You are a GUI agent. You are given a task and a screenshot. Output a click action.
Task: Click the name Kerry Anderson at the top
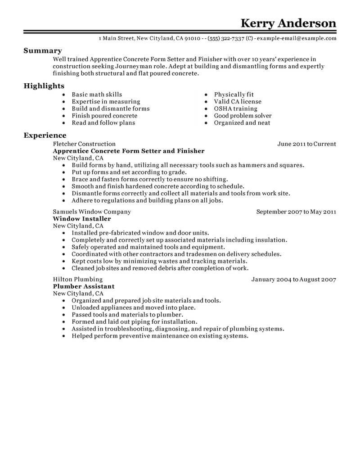click(x=288, y=23)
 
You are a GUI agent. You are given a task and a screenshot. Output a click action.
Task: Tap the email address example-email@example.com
click(x=297, y=39)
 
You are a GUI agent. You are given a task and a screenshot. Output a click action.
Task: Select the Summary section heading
click(x=43, y=51)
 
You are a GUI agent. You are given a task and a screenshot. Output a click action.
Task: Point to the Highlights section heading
click(x=44, y=86)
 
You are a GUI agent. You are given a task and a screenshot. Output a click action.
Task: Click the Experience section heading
click(x=45, y=136)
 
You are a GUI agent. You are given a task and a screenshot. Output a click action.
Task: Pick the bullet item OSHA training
click(x=235, y=109)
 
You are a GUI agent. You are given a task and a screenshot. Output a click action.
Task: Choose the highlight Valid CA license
click(x=237, y=102)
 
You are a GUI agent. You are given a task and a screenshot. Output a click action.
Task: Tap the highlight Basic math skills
click(x=97, y=95)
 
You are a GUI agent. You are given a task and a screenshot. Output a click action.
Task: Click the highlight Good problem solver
click(x=243, y=116)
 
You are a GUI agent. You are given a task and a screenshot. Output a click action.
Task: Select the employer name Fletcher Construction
click(x=84, y=144)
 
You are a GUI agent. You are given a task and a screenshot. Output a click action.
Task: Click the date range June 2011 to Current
click(x=307, y=144)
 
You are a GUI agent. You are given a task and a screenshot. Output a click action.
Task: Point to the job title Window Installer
click(x=82, y=219)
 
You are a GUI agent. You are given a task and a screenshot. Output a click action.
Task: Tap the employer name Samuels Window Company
click(x=92, y=212)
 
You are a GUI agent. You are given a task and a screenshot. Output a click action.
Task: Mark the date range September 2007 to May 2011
click(x=296, y=212)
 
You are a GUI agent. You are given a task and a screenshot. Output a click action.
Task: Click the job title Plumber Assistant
click(x=84, y=286)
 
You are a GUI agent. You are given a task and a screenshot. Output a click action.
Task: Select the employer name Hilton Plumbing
click(x=78, y=280)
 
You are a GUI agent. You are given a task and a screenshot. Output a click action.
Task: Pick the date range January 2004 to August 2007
click(x=293, y=280)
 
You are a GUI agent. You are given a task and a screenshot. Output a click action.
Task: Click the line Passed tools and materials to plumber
click(x=127, y=315)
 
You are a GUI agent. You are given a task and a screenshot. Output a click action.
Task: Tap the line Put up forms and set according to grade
click(x=129, y=172)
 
